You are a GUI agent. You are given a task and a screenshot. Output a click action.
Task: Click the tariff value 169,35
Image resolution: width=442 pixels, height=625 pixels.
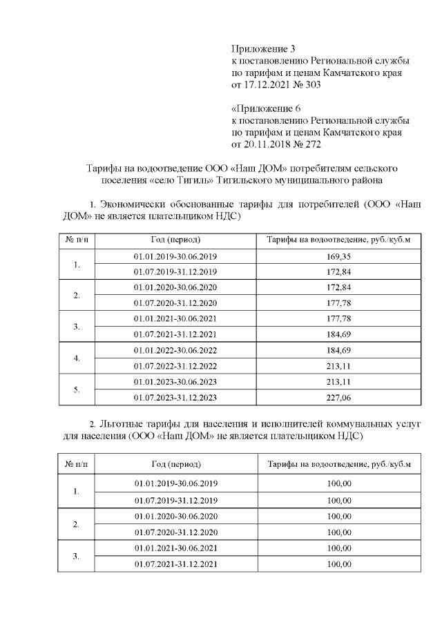coord(338,256)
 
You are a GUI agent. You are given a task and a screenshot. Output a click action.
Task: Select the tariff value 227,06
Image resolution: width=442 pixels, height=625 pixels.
coord(338,397)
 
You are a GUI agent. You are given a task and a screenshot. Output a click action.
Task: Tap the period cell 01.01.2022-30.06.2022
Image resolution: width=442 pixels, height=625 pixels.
coord(175,350)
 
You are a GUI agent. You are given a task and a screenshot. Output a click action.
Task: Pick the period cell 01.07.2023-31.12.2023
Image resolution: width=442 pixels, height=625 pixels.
coord(175,397)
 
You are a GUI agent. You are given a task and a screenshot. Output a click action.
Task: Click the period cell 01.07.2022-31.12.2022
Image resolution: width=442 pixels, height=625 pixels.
coord(175,366)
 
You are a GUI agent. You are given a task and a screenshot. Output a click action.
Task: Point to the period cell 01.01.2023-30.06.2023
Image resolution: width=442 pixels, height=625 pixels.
coord(175,381)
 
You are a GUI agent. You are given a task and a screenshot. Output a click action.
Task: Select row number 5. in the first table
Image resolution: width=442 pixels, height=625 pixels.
coord(77,390)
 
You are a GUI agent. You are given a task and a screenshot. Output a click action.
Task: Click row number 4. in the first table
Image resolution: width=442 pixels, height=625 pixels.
coord(77,358)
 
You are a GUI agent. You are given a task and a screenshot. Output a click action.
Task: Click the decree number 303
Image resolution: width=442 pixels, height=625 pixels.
coord(313,85)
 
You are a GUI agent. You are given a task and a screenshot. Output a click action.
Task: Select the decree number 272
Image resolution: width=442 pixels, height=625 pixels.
coord(313,144)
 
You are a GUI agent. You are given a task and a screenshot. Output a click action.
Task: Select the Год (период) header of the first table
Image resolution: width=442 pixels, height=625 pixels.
coord(175,240)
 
